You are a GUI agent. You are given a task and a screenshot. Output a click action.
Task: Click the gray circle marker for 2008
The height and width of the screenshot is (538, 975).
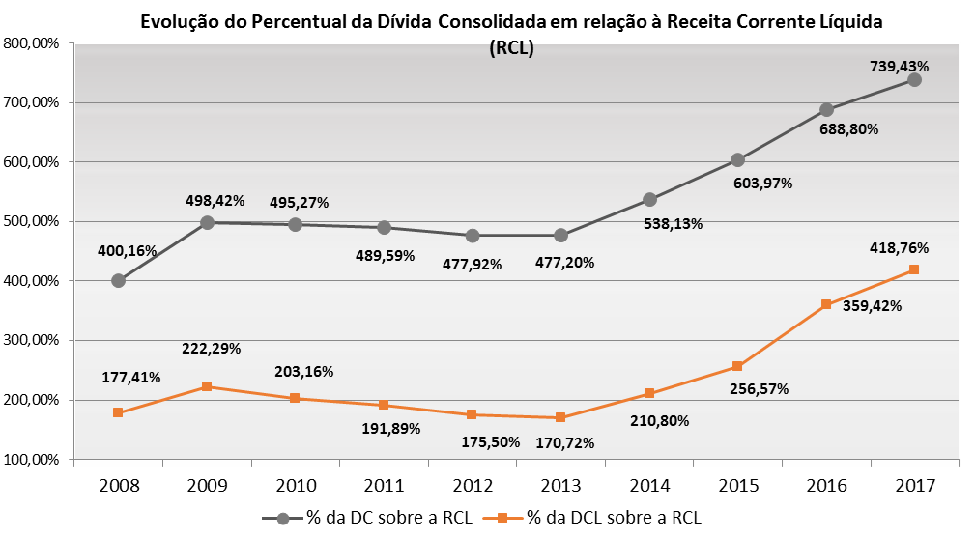pos(118,281)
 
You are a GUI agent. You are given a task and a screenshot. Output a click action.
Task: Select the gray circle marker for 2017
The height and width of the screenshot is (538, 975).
pos(914,79)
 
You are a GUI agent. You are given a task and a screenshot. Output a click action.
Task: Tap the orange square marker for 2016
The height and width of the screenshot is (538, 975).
pos(826,304)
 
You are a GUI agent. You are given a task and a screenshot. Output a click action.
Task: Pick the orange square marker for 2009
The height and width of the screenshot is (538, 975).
pos(207,386)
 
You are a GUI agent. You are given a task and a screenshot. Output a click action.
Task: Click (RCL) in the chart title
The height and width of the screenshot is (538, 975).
pos(512,49)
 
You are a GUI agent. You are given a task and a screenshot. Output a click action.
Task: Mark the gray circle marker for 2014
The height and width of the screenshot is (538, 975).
pos(649,200)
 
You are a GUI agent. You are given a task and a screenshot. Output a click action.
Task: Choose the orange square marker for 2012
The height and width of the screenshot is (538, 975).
pos(473,414)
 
